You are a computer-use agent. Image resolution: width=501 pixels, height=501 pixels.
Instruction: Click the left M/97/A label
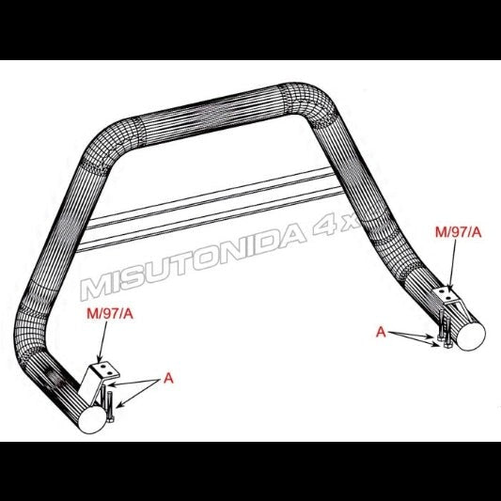coord(110,314)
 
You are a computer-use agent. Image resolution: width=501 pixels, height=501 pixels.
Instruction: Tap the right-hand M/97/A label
coord(458,232)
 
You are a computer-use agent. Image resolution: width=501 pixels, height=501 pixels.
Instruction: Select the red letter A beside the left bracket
coord(168,378)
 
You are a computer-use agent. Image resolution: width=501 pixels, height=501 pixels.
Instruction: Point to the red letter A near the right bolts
coord(381,333)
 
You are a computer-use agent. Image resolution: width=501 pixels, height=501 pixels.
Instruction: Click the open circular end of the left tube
coord(92,420)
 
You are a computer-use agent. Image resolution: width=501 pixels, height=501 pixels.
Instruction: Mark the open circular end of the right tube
coord(471,337)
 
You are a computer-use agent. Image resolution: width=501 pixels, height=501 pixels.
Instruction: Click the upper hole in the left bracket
coord(102,367)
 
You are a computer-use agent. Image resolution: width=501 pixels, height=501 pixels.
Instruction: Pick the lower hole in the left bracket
coord(110,373)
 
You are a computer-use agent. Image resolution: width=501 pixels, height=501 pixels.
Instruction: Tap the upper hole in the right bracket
coord(442,291)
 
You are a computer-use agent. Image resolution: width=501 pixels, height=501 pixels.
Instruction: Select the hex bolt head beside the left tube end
coord(110,419)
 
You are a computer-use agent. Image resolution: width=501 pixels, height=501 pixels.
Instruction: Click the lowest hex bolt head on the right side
coord(446,345)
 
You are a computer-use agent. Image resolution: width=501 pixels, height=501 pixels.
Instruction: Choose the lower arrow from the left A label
coord(138,393)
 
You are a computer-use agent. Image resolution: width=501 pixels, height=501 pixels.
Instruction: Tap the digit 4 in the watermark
coord(323,227)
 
